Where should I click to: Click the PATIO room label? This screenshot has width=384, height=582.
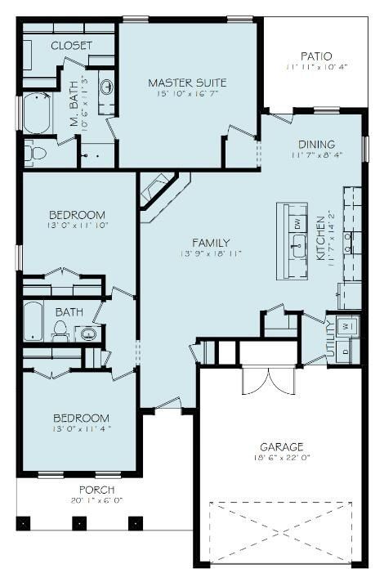[315, 56]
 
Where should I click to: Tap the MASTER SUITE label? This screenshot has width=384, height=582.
[187, 83]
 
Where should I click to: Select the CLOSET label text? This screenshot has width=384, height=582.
[71, 46]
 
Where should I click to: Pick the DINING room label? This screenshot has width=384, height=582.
[315, 145]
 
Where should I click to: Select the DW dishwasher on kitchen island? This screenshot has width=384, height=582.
[297, 223]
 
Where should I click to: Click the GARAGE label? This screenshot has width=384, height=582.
[282, 447]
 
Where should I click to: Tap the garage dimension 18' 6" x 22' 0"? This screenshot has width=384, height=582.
[282, 459]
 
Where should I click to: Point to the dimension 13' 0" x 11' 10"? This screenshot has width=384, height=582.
[78, 224]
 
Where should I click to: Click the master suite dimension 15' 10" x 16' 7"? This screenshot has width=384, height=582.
[187, 95]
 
